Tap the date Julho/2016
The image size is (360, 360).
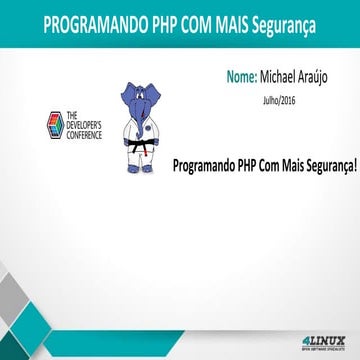click(281, 98)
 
